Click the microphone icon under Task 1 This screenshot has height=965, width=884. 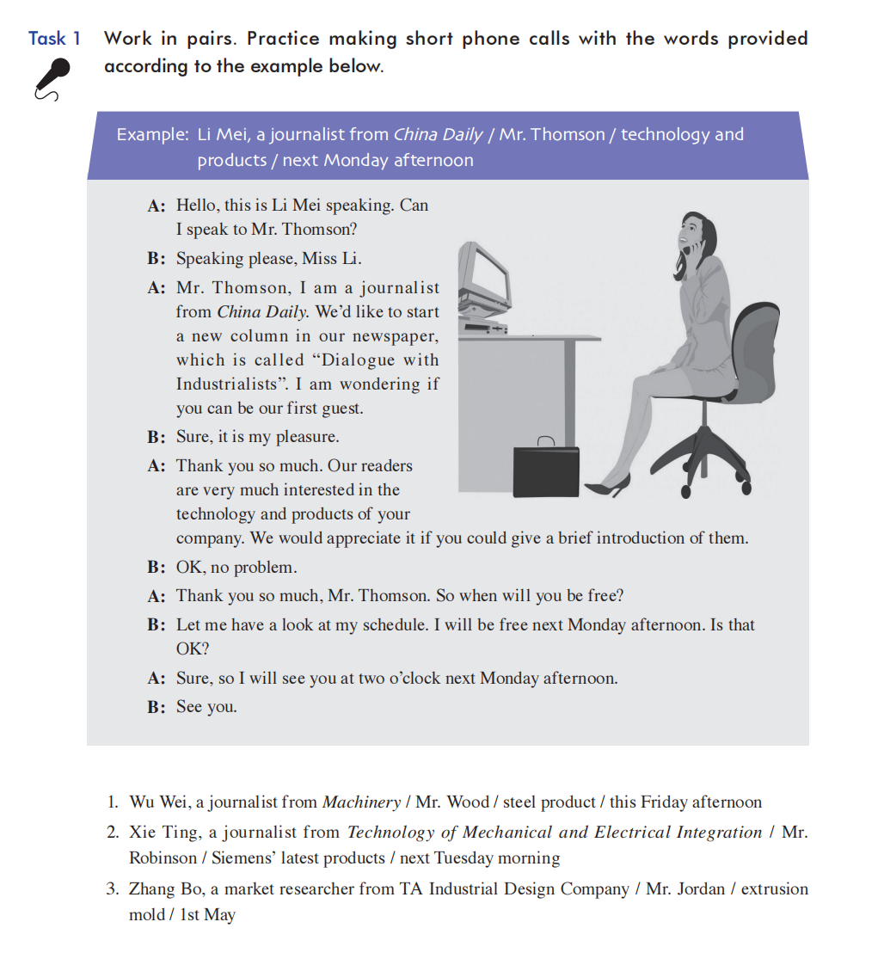[x=51, y=79]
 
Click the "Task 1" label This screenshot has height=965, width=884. [x=55, y=39]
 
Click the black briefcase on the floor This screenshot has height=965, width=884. [x=546, y=470]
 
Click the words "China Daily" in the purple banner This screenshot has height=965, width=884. [x=438, y=135]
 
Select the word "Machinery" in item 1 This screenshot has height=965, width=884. [x=361, y=802]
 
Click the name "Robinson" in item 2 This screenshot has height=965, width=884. [x=163, y=858]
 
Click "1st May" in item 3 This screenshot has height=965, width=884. [x=207, y=915]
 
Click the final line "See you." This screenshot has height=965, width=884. [x=206, y=707]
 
